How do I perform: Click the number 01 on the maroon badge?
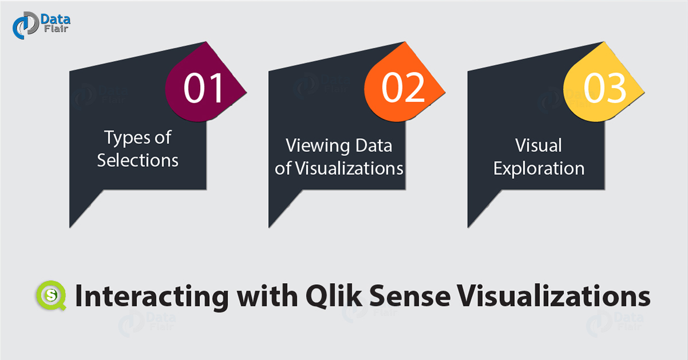[203, 88]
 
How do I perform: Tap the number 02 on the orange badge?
[403, 88]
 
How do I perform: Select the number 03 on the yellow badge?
[604, 88]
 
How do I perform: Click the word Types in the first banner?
[127, 138]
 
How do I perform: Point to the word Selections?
[138, 161]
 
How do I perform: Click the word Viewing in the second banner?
[317, 146]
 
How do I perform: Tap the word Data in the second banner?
[374, 145]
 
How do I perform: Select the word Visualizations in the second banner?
[349, 169]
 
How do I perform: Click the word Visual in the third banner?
[538, 145]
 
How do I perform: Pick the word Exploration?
[539, 169]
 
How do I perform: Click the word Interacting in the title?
[152, 296]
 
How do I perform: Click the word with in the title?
[267, 295]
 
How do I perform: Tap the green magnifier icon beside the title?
[51, 295]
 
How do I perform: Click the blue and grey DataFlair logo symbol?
[26, 25]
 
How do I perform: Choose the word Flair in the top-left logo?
[56, 29]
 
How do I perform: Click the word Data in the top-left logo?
[56, 19]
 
